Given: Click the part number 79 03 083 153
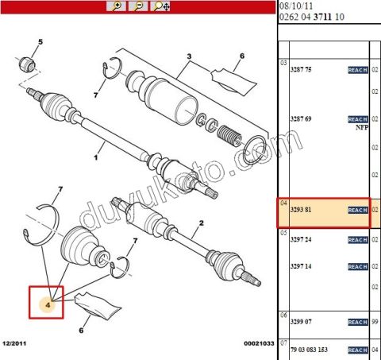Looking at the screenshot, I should (x=310, y=350).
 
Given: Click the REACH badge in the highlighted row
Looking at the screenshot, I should (x=358, y=210).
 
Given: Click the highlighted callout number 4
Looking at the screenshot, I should (x=47, y=303).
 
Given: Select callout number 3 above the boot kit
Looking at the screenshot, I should (x=189, y=56).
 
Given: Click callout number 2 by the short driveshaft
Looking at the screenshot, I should (x=202, y=226).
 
